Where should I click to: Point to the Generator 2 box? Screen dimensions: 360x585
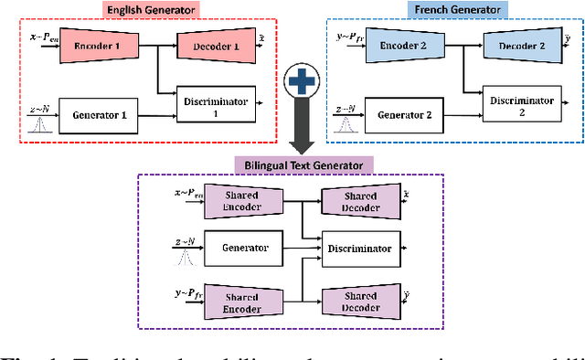402,115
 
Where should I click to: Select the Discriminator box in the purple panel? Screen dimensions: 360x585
362,248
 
